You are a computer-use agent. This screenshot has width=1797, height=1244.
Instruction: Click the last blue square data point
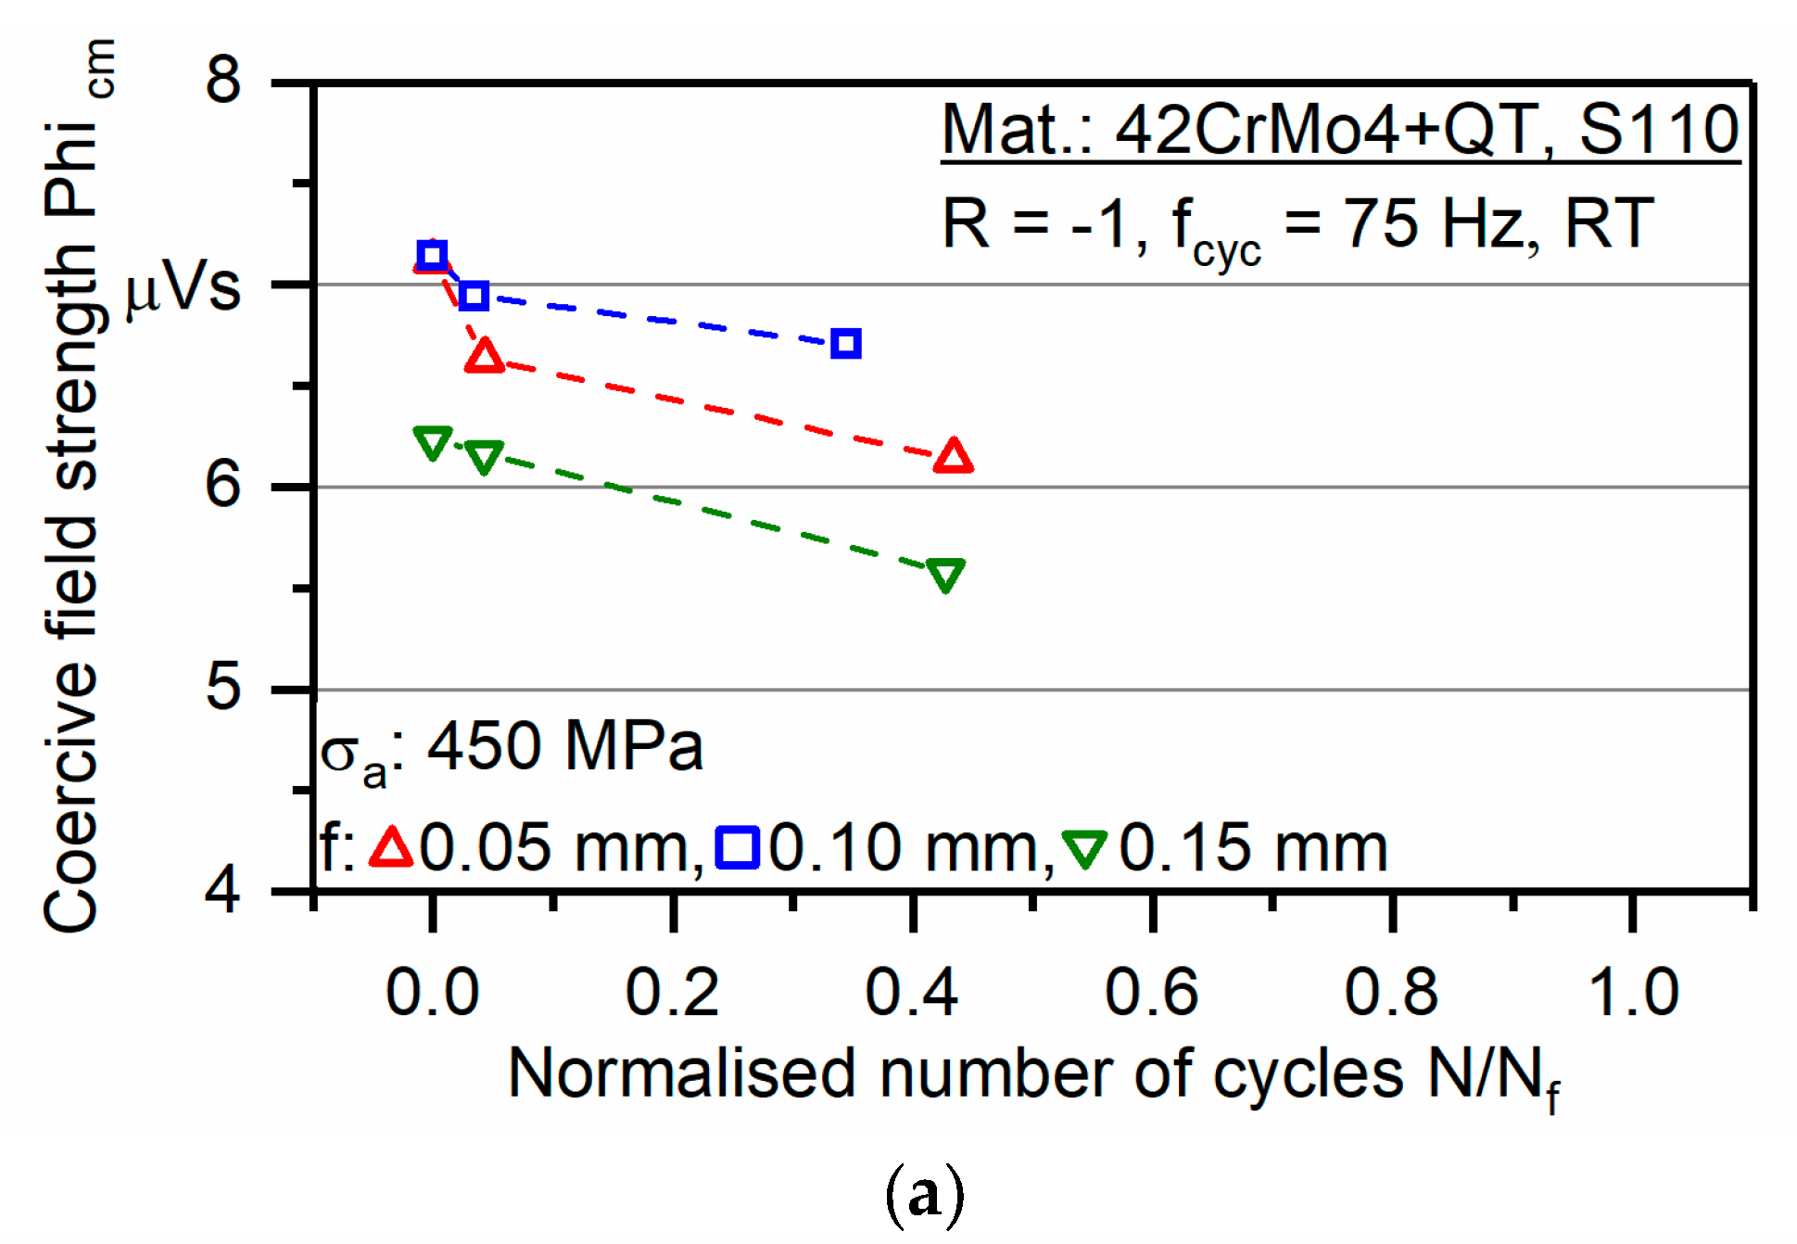[x=845, y=344]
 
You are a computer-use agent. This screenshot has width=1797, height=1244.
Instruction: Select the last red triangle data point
[x=954, y=457]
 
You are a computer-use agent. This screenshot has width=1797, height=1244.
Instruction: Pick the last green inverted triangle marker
[x=945, y=575]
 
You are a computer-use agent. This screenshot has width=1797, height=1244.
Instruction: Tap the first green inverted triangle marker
[x=432, y=442]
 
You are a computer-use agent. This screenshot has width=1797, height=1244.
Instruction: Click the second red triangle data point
[x=485, y=357]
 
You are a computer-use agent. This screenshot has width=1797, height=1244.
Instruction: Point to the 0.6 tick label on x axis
[x=1152, y=991]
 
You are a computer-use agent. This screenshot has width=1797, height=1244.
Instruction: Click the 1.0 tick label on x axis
[x=1633, y=991]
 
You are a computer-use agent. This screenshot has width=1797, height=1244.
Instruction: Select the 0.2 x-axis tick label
[x=672, y=991]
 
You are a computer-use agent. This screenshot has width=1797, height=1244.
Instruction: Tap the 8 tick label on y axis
[x=223, y=80]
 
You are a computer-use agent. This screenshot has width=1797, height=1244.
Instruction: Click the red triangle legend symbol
[x=390, y=847]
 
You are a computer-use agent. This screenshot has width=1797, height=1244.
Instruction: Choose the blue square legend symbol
[x=738, y=847]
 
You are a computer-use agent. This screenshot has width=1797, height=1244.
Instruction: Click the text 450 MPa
[x=564, y=746]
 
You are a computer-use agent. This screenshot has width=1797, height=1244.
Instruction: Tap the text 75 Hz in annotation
[x=1440, y=224]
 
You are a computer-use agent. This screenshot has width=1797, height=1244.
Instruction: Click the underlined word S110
[x=1659, y=130]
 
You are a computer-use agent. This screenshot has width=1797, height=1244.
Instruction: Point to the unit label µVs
[x=183, y=288]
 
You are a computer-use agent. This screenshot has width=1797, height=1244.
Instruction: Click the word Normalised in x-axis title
[x=681, y=1073]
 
